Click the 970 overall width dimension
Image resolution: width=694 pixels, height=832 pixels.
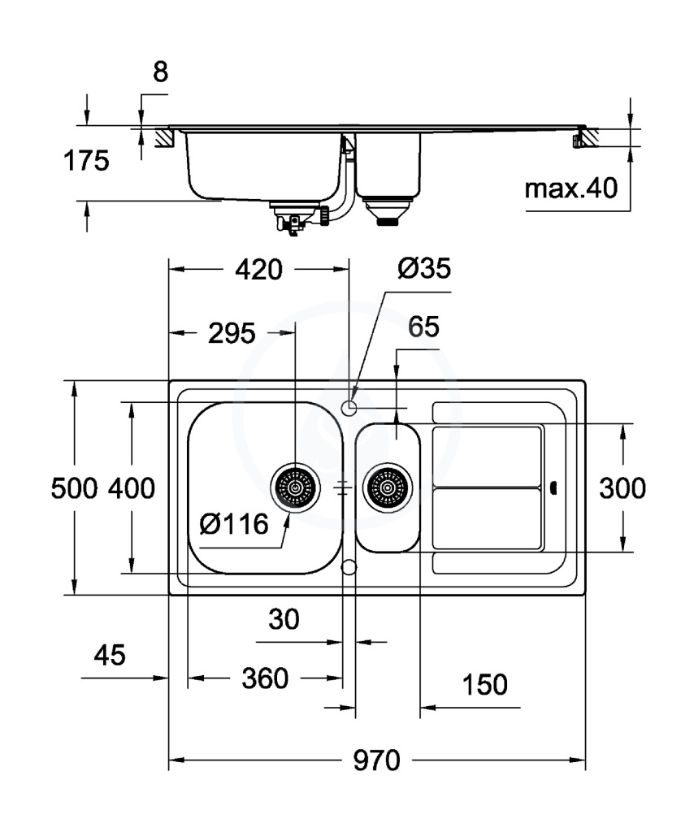pyautogui.click(x=377, y=761)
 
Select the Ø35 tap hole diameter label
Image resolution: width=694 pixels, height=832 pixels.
pyautogui.click(x=423, y=270)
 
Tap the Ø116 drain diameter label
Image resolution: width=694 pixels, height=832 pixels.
pyautogui.click(x=234, y=524)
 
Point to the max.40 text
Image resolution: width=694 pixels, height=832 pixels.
pyautogui.click(x=570, y=189)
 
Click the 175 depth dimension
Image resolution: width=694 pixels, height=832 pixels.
pyautogui.click(x=87, y=161)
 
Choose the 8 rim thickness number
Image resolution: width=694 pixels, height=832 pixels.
pyautogui.click(x=160, y=72)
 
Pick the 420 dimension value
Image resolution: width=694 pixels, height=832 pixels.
pyautogui.click(x=260, y=270)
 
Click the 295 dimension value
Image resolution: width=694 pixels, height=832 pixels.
pyautogui.click(x=232, y=332)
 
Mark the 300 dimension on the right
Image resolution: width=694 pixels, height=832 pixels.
pyautogui.click(x=622, y=488)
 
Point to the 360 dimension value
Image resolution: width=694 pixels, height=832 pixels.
pyautogui.click(x=265, y=678)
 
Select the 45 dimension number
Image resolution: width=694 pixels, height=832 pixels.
pyautogui.click(x=110, y=656)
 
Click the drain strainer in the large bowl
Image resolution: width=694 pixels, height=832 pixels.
pyautogui.click(x=294, y=487)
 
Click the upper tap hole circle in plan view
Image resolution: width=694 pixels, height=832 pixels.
pyautogui.click(x=349, y=406)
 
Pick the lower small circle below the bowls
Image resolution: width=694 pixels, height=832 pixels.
pyautogui.click(x=349, y=566)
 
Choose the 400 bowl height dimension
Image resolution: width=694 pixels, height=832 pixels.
pyautogui.click(x=132, y=488)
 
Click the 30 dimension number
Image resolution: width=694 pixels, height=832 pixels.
pyautogui.click(x=284, y=620)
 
